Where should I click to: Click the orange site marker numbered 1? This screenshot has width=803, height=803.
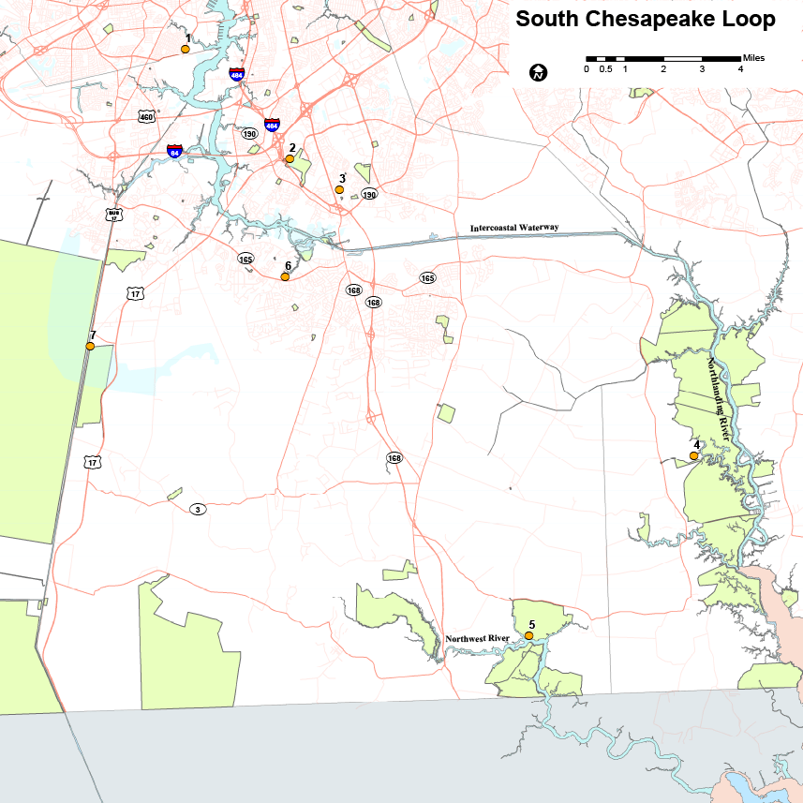(x=186, y=50)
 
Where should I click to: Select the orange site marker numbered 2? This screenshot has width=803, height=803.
(x=290, y=159)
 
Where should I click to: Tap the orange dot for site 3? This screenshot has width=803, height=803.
(x=339, y=190)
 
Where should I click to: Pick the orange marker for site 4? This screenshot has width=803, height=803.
(x=693, y=456)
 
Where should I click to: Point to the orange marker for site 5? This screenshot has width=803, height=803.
(x=528, y=636)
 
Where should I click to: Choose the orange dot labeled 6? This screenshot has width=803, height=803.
(x=285, y=277)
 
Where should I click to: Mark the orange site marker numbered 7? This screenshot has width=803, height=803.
(x=90, y=347)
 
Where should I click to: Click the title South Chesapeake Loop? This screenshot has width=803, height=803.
(x=646, y=20)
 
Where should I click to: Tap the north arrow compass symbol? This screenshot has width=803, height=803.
(x=539, y=72)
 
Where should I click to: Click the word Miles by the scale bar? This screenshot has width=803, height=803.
(x=753, y=58)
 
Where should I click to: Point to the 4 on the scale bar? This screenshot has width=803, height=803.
(x=740, y=69)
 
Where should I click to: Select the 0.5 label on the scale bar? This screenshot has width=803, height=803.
(x=606, y=69)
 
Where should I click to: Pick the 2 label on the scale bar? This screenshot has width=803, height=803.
(x=663, y=69)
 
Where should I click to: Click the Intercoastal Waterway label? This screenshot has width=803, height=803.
(x=514, y=228)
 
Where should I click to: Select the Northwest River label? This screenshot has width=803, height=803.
(x=477, y=639)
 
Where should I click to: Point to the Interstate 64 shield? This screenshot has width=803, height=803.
(x=174, y=150)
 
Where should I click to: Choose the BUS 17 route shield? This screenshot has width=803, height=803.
(x=113, y=215)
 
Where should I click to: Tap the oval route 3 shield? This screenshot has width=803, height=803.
(x=198, y=509)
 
